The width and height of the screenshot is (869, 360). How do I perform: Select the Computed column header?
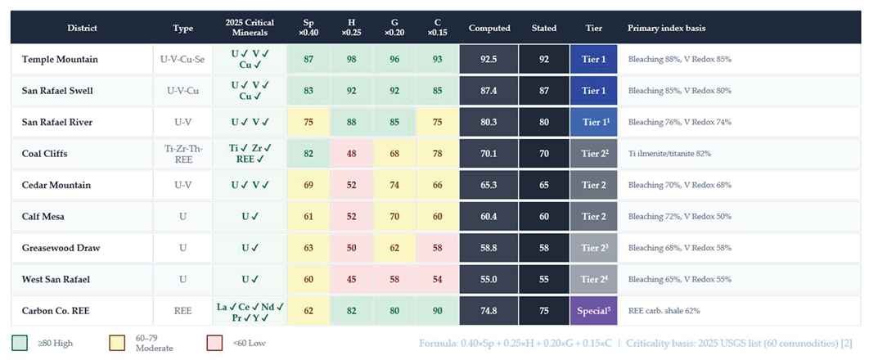tap(489, 29)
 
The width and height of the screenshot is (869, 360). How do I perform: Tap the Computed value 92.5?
tap(489, 59)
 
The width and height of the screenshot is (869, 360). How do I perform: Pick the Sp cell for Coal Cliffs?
tap(308, 154)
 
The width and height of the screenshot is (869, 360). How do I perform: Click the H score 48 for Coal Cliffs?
tap(352, 154)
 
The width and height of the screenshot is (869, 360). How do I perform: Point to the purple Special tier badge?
tap(593, 311)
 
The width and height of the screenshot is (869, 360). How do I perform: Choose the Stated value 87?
tap(543, 91)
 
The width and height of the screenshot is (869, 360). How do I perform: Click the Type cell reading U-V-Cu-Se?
tap(182, 59)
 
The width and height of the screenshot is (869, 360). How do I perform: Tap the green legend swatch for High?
tap(20, 343)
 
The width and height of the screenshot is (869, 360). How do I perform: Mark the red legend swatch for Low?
tap(214, 343)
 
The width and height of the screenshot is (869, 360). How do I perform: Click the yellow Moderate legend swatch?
tap(117, 343)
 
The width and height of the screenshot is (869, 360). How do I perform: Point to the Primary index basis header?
tap(665, 29)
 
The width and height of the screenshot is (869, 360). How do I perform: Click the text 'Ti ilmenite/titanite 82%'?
tap(668, 154)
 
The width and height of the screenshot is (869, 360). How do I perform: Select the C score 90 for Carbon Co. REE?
tap(437, 311)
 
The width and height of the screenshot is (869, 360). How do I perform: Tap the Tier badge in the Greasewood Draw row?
tap(593, 248)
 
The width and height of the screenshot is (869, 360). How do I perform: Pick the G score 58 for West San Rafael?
tap(394, 280)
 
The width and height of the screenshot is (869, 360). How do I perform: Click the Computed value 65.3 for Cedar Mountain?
tap(489, 185)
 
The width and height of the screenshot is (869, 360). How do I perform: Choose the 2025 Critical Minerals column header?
tap(250, 29)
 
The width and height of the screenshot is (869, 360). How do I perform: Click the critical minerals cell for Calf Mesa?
tap(250, 217)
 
